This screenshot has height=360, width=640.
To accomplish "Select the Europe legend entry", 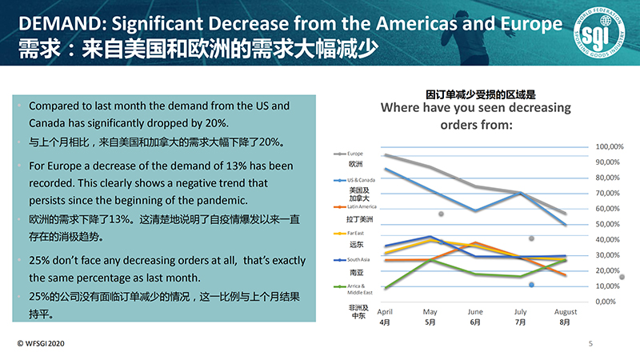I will click(x=353, y=153).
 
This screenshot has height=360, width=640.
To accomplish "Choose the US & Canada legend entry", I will click(x=357, y=181).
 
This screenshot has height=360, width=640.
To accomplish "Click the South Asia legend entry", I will click(x=357, y=259).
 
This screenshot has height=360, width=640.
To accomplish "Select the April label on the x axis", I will click(x=384, y=311).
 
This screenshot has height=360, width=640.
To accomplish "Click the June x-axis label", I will click(x=474, y=311).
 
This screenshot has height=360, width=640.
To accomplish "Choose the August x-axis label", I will click(x=566, y=311).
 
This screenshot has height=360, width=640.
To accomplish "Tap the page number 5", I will click(x=590, y=344).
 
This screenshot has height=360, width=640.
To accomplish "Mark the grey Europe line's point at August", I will click(x=566, y=214).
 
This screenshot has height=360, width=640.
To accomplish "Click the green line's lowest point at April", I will click(x=385, y=288).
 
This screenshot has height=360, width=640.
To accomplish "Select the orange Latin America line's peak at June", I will click(x=475, y=242).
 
